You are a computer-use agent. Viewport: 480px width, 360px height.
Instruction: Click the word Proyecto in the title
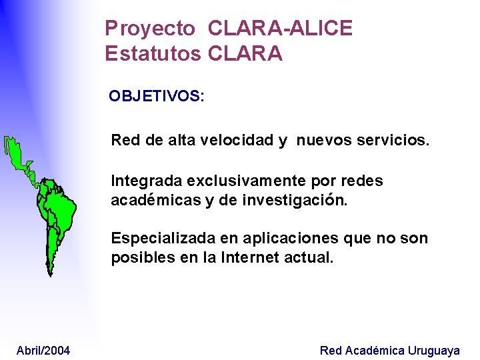[150, 29]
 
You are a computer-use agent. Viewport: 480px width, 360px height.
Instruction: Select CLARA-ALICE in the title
[280, 29]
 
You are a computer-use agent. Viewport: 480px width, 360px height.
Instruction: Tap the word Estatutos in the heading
[153, 53]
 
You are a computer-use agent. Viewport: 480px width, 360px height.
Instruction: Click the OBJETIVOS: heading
[157, 96]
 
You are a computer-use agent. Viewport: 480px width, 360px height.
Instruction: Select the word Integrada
[147, 181]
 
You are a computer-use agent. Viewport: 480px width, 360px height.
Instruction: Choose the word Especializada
[157, 238]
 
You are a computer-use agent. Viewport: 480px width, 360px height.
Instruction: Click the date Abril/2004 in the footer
[43, 351]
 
